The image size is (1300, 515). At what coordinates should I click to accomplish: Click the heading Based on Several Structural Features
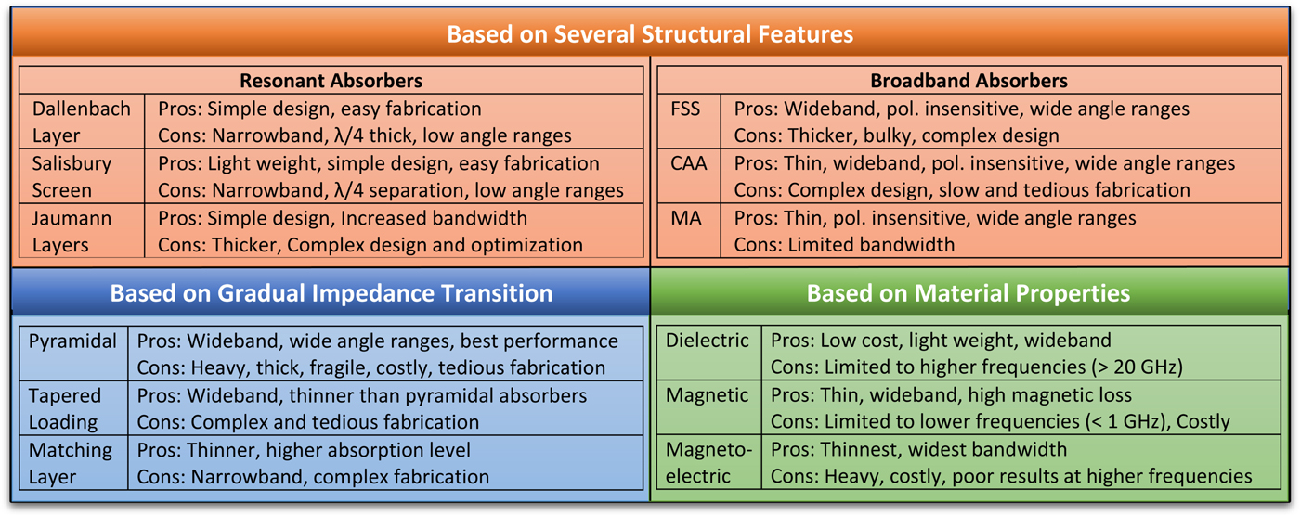(x=650, y=35)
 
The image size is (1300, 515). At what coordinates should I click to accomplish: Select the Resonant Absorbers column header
(x=331, y=81)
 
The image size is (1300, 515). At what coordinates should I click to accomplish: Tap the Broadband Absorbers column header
(x=968, y=81)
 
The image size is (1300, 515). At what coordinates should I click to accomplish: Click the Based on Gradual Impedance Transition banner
(x=331, y=293)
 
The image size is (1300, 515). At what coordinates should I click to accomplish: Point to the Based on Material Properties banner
(x=968, y=293)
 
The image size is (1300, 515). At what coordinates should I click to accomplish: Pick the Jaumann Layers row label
(x=71, y=231)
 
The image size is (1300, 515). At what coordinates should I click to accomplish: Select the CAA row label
(x=688, y=163)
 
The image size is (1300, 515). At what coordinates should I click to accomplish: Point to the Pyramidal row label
(x=72, y=341)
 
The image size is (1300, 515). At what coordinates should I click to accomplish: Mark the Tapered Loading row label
(x=65, y=408)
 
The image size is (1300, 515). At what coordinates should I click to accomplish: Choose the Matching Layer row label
(x=71, y=463)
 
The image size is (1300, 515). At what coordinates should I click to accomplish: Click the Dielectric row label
(x=707, y=340)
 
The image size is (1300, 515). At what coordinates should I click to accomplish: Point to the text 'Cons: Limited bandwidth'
(x=844, y=246)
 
